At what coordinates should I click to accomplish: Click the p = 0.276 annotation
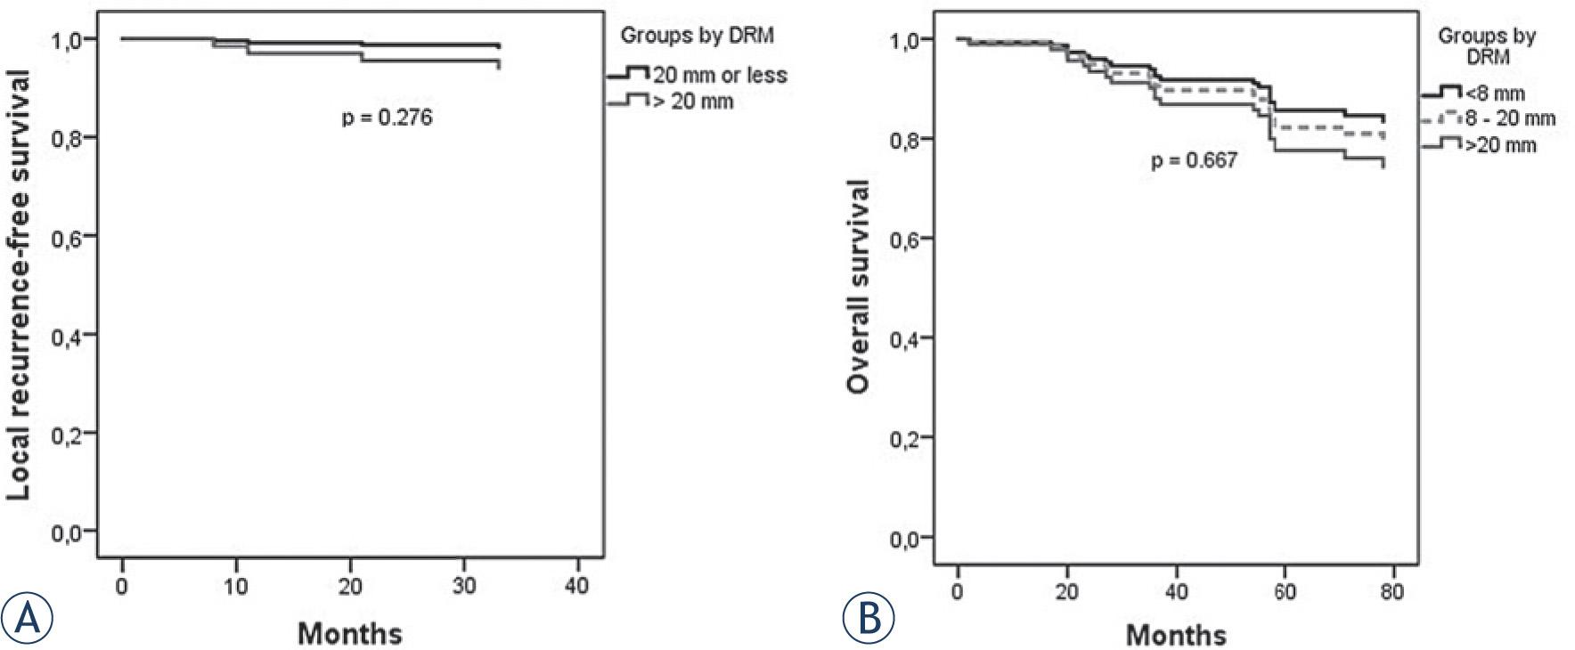coord(388,118)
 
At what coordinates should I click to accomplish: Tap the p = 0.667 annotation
coord(1194,160)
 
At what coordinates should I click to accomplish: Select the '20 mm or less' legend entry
coord(719,76)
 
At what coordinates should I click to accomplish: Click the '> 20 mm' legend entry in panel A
coord(693,102)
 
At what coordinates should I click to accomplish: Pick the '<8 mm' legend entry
coord(1494,93)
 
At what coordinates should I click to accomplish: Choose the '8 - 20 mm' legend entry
coord(1510,118)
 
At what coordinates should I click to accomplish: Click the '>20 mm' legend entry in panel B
coord(1500,144)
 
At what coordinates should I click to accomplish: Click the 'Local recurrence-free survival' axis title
coord(19,285)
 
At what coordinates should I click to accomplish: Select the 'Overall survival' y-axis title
coord(858,287)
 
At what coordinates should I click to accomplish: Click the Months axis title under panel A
coord(349,634)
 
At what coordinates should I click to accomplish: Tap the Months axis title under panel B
coord(1176,635)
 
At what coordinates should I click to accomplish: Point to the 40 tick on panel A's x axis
coord(577,587)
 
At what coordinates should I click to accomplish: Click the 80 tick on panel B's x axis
coord(1392,592)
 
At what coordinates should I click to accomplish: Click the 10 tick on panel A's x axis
coord(236,587)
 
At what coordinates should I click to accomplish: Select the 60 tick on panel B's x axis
coord(1285,592)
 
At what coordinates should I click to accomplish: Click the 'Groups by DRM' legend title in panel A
coord(697,36)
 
